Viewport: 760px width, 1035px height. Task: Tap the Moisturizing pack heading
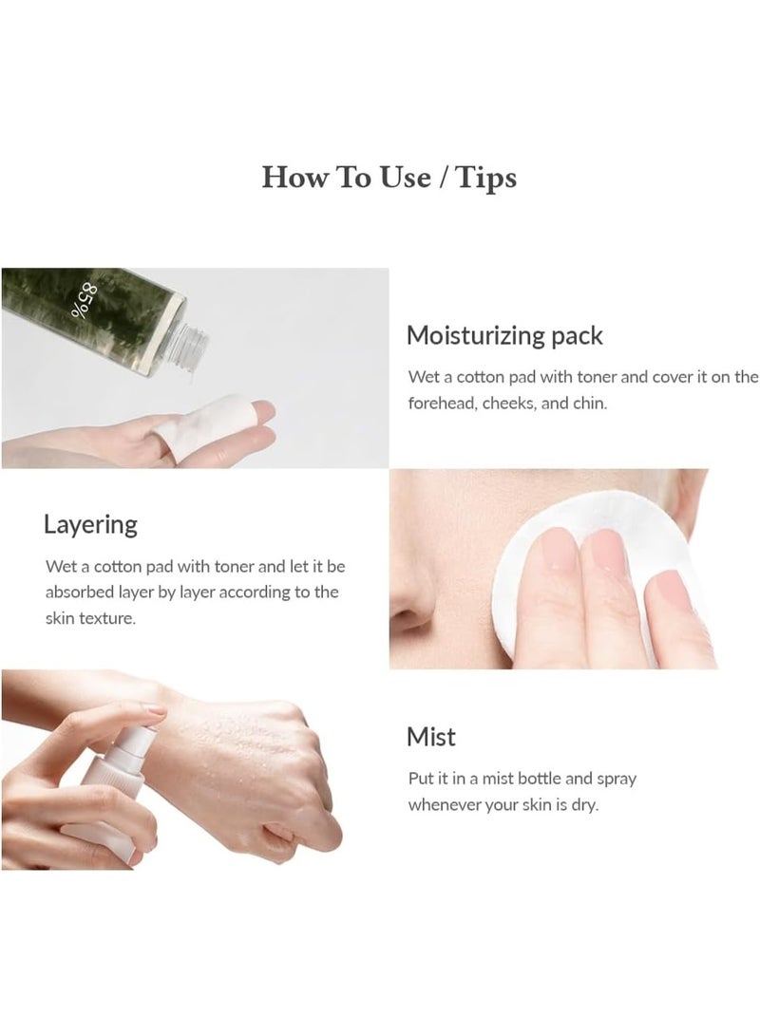pos(504,336)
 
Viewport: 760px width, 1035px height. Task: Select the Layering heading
pos(90,525)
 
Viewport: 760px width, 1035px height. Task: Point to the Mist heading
pos(431,737)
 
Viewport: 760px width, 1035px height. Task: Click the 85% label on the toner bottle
pos(82,300)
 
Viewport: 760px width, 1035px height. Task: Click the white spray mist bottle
pos(112,792)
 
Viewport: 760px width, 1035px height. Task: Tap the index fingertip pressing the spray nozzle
pos(156,711)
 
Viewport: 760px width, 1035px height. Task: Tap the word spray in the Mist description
pos(617,780)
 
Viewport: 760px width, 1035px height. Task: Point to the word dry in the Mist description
pos(585,806)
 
